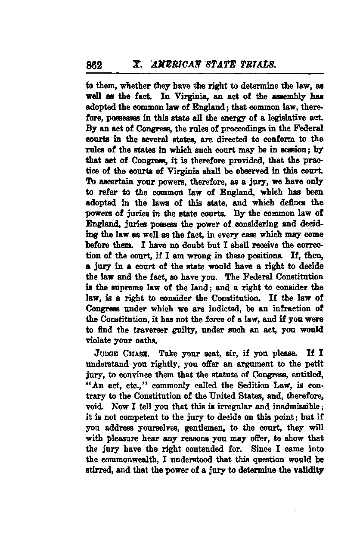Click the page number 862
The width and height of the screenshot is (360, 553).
click(93, 65)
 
